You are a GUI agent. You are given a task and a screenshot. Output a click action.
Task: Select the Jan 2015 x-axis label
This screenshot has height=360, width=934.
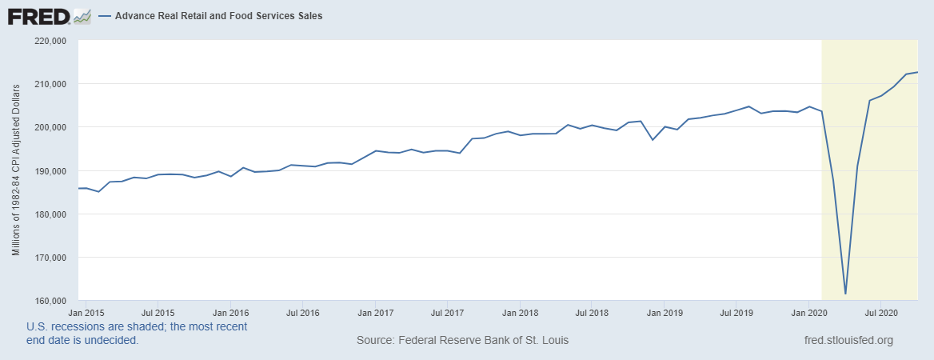point(85,311)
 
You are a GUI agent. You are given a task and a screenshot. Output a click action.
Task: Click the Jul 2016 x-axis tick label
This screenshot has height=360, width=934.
point(302,311)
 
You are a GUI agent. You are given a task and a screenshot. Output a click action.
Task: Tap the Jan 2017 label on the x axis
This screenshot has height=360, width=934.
point(375,311)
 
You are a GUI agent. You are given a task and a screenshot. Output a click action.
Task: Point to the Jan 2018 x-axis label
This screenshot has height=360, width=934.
point(520,311)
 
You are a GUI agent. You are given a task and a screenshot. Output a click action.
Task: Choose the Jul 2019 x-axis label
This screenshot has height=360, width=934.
point(736,311)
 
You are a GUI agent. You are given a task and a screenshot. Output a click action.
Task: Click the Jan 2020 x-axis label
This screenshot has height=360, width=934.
point(808,311)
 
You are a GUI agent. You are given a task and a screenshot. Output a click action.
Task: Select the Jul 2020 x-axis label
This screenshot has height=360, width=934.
point(880,311)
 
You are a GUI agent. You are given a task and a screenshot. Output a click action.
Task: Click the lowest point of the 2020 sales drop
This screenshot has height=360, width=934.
point(845,294)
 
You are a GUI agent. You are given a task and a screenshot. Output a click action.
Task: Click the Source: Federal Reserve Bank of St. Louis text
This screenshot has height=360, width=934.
point(463,341)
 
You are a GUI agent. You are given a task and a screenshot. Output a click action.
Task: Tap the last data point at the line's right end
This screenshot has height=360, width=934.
point(917,73)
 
